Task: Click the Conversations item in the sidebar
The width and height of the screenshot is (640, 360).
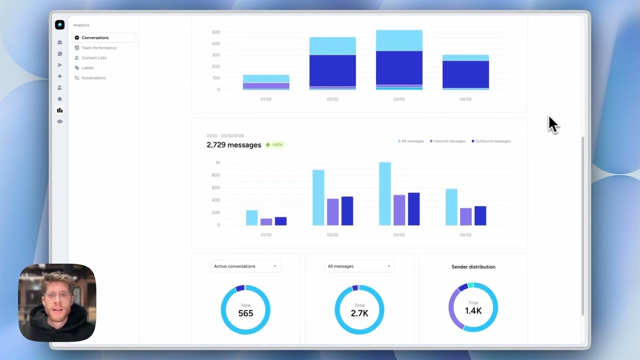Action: pos(95,37)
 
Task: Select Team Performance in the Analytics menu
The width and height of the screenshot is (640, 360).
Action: pos(98,47)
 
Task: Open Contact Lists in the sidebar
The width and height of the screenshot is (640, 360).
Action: pos(93,57)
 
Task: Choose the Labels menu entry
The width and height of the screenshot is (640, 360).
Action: pos(87,67)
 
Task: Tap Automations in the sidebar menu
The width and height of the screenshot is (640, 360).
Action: pos(93,77)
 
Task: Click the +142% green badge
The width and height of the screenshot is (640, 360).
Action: pos(274,144)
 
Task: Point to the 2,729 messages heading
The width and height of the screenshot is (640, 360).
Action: pos(233,145)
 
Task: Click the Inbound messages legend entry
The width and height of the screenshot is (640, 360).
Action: pos(449,141)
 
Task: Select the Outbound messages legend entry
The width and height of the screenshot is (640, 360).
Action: pos(492,141)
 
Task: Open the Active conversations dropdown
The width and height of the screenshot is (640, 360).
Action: pos(245,266)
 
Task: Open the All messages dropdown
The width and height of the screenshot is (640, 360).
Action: pos(359,266)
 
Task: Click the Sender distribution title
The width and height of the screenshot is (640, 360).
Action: pos(473,266)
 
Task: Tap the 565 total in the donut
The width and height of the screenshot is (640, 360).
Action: pos(245,313)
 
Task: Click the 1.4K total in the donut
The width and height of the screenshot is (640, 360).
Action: pos(473,310)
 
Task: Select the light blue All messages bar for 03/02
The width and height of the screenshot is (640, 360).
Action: pos(385,194)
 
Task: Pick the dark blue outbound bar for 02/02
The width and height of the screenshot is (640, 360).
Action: pos(347,211)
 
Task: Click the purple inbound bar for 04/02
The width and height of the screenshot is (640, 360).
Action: pos(465,216)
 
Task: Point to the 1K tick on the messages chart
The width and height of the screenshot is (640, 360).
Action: pos(217,162)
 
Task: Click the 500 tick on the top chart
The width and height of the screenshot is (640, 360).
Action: pos(215,32)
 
